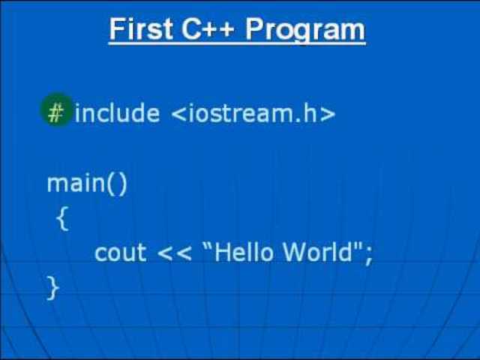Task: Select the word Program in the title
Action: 305,30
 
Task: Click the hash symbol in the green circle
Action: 56,112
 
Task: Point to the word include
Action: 117,113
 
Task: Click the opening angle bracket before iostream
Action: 178,114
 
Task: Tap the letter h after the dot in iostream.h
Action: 310,113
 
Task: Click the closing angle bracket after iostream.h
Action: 328,114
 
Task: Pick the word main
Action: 76,183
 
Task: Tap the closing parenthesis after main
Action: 122,184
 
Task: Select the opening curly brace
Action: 62,218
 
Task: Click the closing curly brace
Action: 52,286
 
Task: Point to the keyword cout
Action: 120,253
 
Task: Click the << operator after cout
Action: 173,253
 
